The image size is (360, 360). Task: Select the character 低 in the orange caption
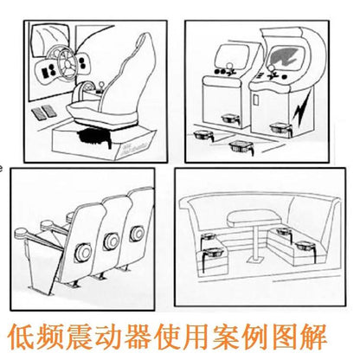(x=22, y=337)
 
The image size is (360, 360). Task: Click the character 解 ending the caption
(x=314, y=337)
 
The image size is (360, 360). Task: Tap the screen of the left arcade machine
(x=233, y=56)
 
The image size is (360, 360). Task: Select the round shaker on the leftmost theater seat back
(x=83, y=252)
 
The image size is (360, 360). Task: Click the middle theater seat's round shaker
(x=111, y=241)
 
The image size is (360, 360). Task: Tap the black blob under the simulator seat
(x=94, y=137)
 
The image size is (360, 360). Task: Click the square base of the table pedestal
(x=254, y=260)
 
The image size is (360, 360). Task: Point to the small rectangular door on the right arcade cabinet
(x=256, y=99)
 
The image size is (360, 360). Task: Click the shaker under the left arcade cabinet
(x=230, y=119)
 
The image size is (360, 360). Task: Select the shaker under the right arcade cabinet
(x=280, y=129)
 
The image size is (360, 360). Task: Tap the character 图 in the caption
(x=285, y=337)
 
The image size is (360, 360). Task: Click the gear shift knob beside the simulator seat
(x=101, y=86)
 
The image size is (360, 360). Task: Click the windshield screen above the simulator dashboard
(x=48, y=40)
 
